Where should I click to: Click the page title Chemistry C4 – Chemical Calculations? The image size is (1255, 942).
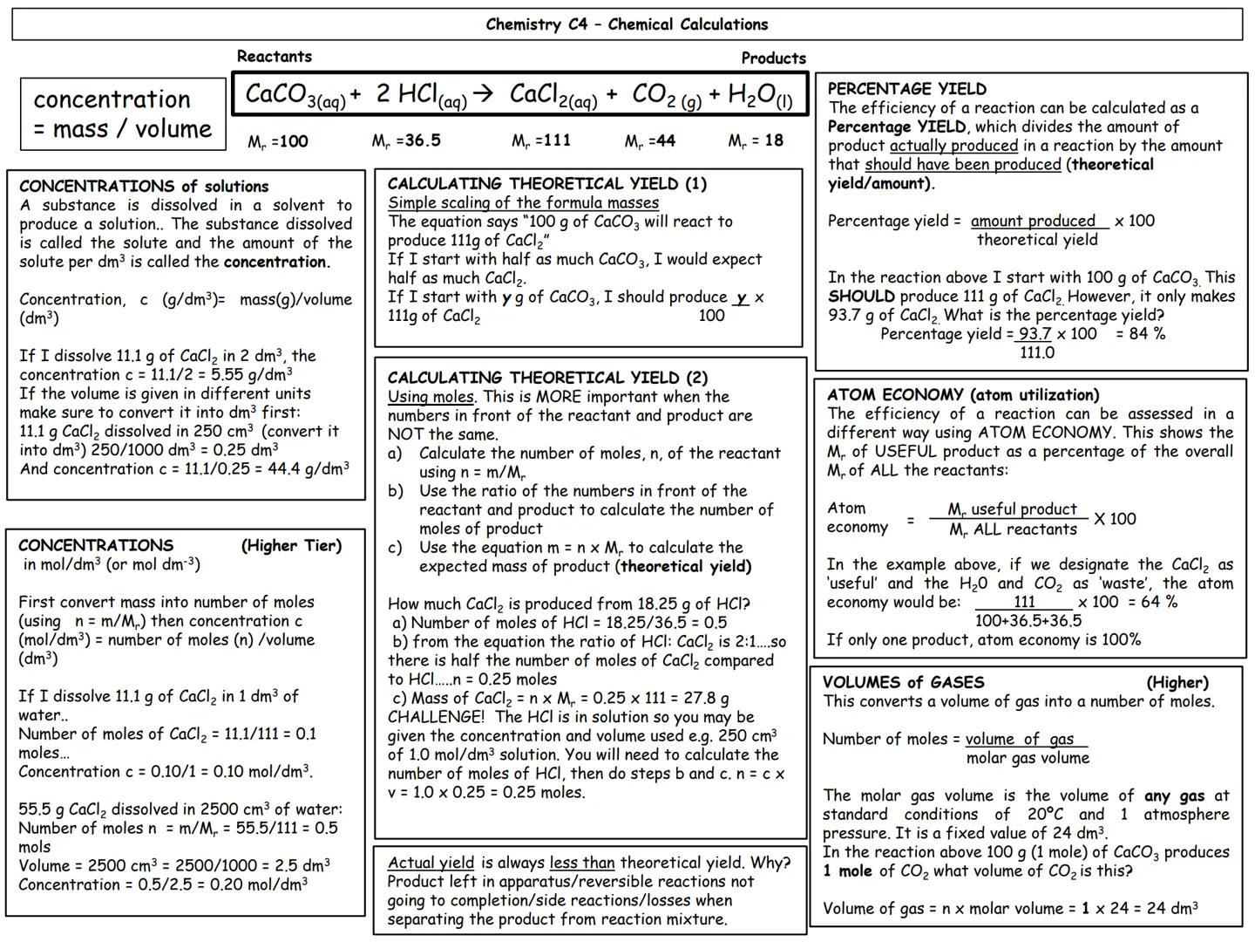pyautogui.click(x=627, y=24)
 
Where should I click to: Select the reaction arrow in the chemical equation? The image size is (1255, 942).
pyautogui.click(x=483, y=93)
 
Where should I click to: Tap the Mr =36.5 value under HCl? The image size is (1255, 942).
pyautogui.click(x=406, y=140)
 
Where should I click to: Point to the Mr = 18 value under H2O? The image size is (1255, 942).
pyautogui.click(x=756, y=140)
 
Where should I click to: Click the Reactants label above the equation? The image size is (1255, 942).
pyautogui.click(x=274, y=57)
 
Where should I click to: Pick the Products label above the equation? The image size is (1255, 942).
pyautogui.click(x=773, y=58)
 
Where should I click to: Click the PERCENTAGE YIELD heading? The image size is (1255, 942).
pyautogui.click(x=906, y=89)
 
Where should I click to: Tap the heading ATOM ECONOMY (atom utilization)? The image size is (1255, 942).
pyautogui.click(x=963, y=395)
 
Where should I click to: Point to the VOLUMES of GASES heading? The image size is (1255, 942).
pyautogui.click(x=903, y=682)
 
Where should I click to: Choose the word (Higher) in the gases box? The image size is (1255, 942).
pyautogui.click(x=1177, y=682)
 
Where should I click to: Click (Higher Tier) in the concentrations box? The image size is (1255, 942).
pyautogui.click(x=291, y=546)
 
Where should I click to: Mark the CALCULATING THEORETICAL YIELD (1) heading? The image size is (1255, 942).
pyautogui.click(x=546, y=184)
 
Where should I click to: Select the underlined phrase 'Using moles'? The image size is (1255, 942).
pyautogui.click(x=431, y=397)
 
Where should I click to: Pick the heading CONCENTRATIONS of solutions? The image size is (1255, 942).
pyautogui.click(x=144, y=187)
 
